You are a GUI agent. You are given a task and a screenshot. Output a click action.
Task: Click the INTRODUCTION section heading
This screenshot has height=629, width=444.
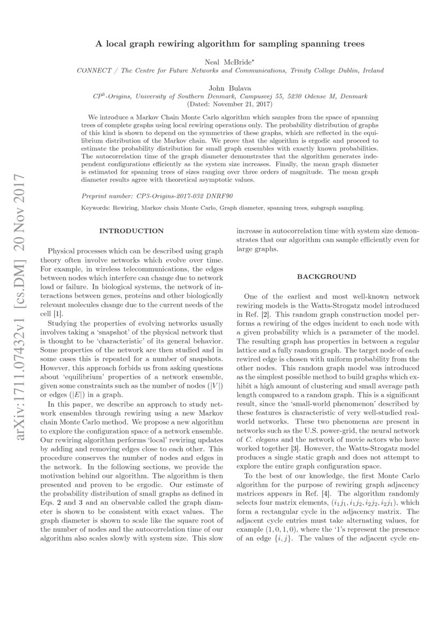tap(131, 231)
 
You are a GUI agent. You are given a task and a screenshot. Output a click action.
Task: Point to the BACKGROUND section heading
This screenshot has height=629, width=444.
tap(326, 277)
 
